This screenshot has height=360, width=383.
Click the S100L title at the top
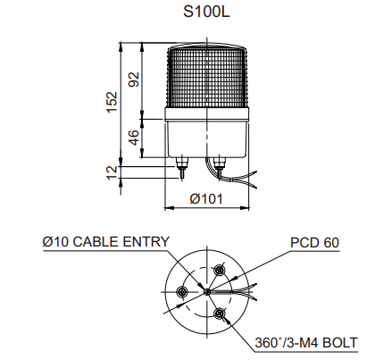point(206,12)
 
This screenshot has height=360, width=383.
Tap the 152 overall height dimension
point(112,102)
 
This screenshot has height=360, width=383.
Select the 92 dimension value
point(134,80)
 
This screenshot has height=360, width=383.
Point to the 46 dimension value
point(134,138)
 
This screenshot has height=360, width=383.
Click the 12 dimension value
point(112,172)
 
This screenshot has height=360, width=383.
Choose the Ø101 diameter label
point(206,198)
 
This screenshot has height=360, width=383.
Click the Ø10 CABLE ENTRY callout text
point(106,241)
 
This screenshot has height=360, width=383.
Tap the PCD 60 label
point(314,243)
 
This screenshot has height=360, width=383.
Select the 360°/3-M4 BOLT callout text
point(306,343)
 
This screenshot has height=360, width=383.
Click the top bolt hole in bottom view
point(220,270)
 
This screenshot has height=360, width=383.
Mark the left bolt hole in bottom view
point(181,291)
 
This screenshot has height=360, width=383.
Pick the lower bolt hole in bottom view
point(219,313)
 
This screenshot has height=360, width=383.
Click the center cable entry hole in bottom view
point(206,292)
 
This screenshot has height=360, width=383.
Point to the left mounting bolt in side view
point(181,168)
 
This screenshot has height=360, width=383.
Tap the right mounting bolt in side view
point(220,168)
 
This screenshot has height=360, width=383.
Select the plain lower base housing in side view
point(206,138)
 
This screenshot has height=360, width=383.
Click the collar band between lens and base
point(206,113)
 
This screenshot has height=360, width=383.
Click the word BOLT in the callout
point(340,343)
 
